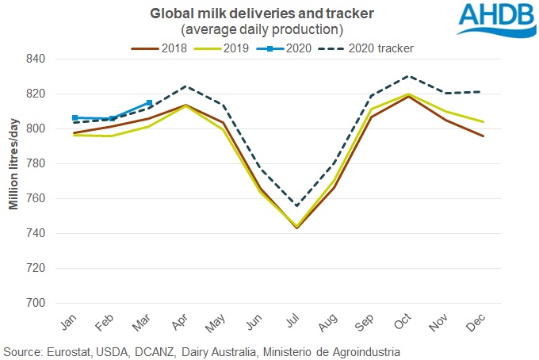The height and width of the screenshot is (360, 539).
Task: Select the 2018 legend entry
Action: (x=163, y=48)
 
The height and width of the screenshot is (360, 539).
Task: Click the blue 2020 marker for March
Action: (x=150, y=103)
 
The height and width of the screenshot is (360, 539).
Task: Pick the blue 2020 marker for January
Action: (x=75, y=117)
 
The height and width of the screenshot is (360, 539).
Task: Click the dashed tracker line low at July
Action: (x=297, y=206)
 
